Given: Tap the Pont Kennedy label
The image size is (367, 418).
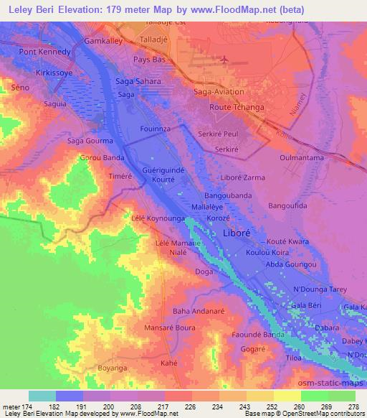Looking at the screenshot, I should pos(45,52).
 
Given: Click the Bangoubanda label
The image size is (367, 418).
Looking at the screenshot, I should pos(227,195).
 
